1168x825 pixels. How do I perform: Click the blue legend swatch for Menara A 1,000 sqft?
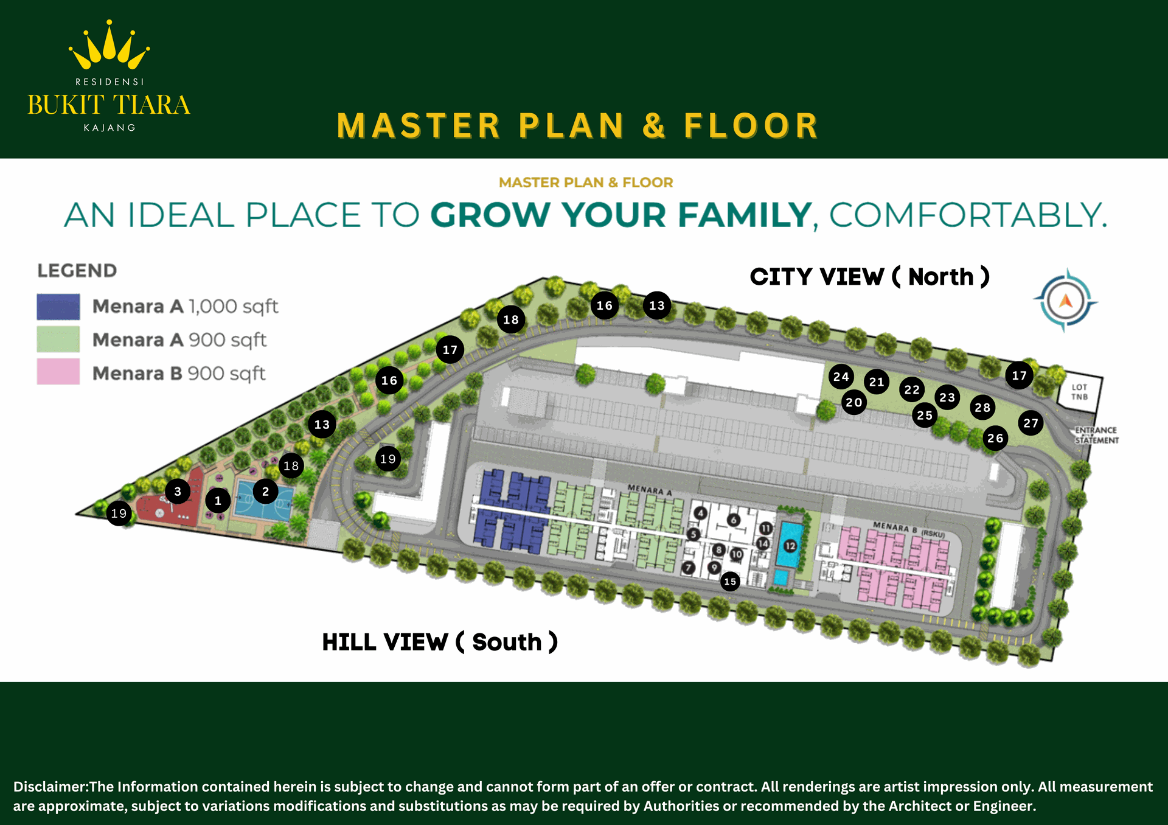point(58,307)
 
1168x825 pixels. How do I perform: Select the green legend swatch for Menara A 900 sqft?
point(58,339)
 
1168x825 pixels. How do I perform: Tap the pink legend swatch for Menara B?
point(58,372)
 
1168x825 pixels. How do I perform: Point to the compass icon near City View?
point(1065,301)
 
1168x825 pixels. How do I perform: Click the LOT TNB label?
point(1080,392)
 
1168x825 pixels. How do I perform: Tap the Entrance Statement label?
point(1096,435)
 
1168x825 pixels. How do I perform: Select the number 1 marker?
point(218,501)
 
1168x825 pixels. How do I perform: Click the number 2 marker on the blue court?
point(265,492)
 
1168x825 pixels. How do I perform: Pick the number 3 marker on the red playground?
point(178,492)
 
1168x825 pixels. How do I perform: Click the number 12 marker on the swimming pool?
point(790,546)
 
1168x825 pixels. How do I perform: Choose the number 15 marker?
point(730,582)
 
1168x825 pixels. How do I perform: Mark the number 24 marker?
point(841,377)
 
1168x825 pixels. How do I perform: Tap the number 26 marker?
point(995,438)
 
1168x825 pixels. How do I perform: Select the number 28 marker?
point(982,408)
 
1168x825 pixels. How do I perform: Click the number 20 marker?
point(854,402)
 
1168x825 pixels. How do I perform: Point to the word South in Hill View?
point(507,642)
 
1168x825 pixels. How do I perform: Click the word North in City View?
point(940,277)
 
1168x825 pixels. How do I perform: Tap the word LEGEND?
point(77,271)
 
